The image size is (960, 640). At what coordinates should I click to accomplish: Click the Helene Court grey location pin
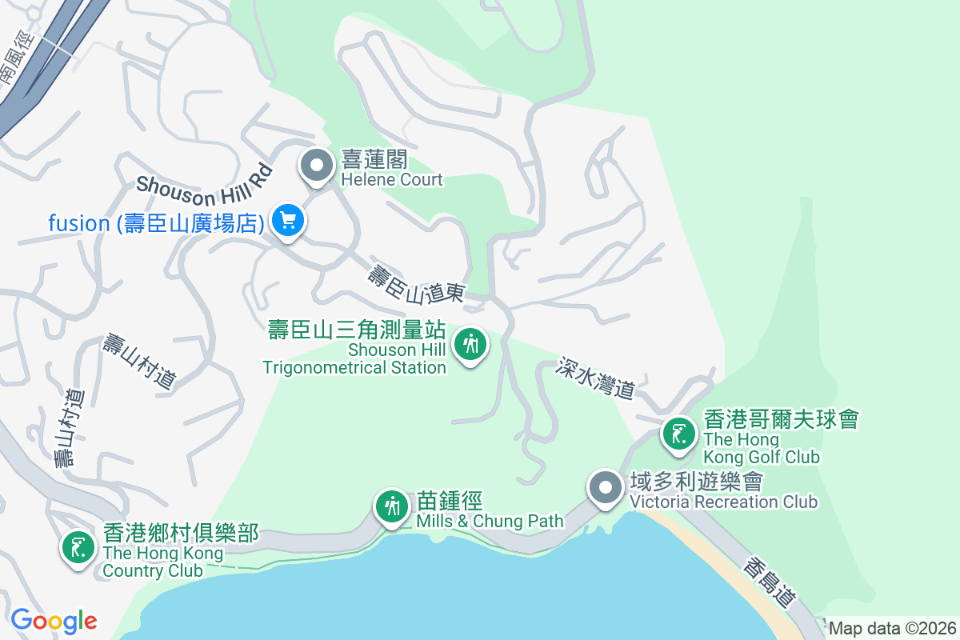(317, 166)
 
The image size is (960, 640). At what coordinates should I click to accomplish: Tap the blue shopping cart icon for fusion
(287, 220)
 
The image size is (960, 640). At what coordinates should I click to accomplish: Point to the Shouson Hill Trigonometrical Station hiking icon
(470, 345)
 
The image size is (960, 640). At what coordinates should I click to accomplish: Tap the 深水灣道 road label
(597, 378)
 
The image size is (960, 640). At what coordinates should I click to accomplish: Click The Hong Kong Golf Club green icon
(679, 434)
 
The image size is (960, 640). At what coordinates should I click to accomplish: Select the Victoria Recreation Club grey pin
(605, 487)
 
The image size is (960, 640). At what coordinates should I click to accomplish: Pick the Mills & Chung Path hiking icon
(392, 506)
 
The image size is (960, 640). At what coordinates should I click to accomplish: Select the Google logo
(54, 621)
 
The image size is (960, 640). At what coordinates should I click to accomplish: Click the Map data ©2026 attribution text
(892, 628)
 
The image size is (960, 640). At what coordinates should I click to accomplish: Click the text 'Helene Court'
(392, 179)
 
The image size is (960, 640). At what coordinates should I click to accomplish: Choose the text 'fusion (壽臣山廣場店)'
(156, 223)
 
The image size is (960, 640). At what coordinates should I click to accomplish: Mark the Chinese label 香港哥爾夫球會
(781, 418)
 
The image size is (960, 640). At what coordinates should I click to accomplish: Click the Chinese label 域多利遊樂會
(695, 482)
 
